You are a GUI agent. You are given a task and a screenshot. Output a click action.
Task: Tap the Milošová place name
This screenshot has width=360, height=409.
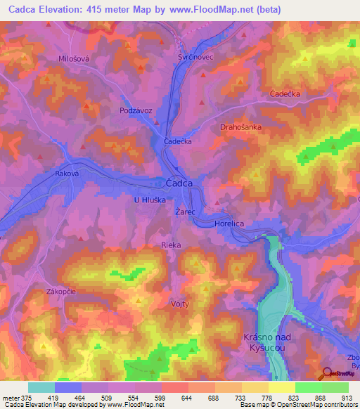pyautogui.click(x=73, y=59)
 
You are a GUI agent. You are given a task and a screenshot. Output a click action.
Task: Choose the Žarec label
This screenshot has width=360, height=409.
pyautogui.click(x=186, y=211)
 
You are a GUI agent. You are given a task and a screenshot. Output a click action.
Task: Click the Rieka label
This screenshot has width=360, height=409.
pyautogui.click(x=171, y=245)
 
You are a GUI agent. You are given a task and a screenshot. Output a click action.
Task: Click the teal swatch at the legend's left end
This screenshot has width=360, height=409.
pyautogui.click(x=41, y=387)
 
